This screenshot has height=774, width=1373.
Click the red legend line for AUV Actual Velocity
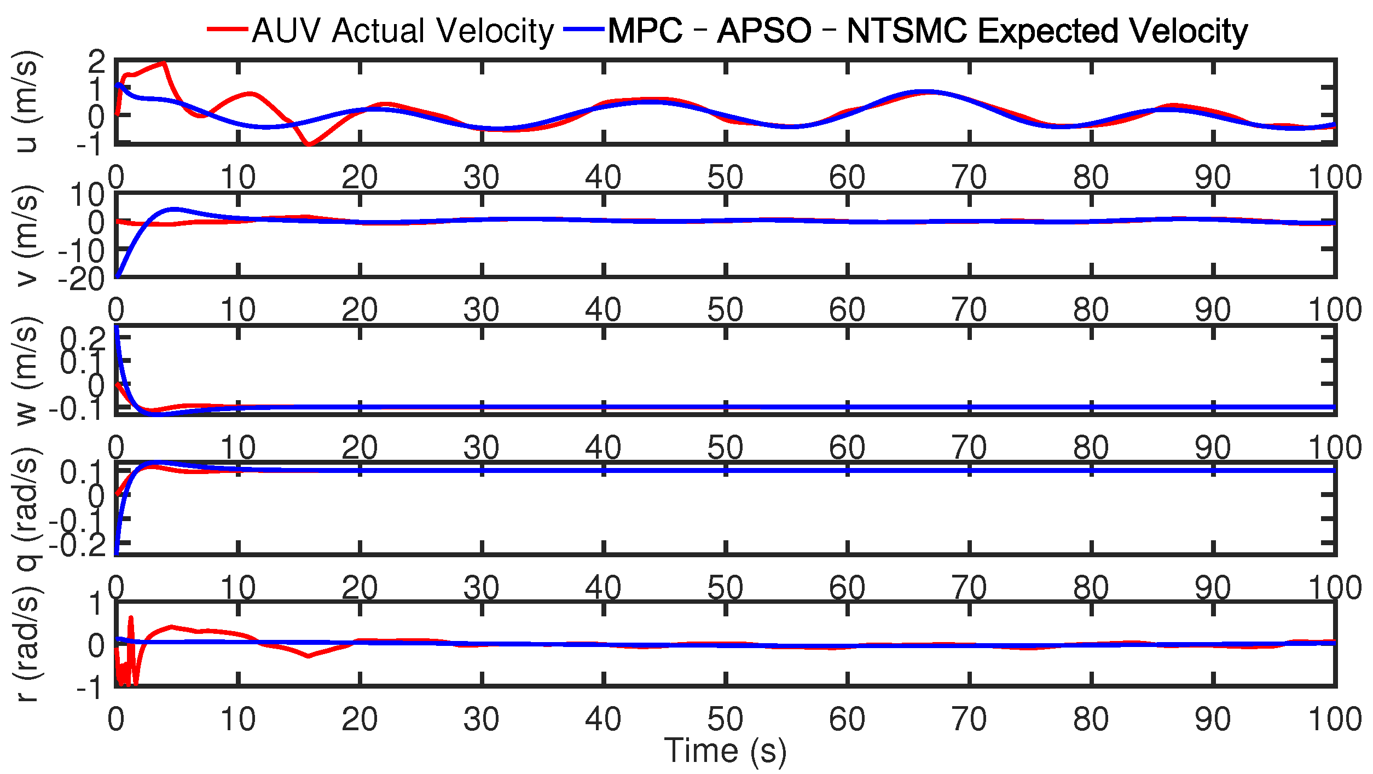(227, 30)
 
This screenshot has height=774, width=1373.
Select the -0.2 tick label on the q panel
(77, 546)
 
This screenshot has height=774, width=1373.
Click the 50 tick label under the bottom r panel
(725, 719)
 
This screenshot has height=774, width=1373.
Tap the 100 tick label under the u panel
(1334, 177)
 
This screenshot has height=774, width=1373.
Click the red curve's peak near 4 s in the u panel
(163, 64)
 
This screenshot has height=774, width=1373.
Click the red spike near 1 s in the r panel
(131, 618)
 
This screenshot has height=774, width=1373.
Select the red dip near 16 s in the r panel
(309, 656)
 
